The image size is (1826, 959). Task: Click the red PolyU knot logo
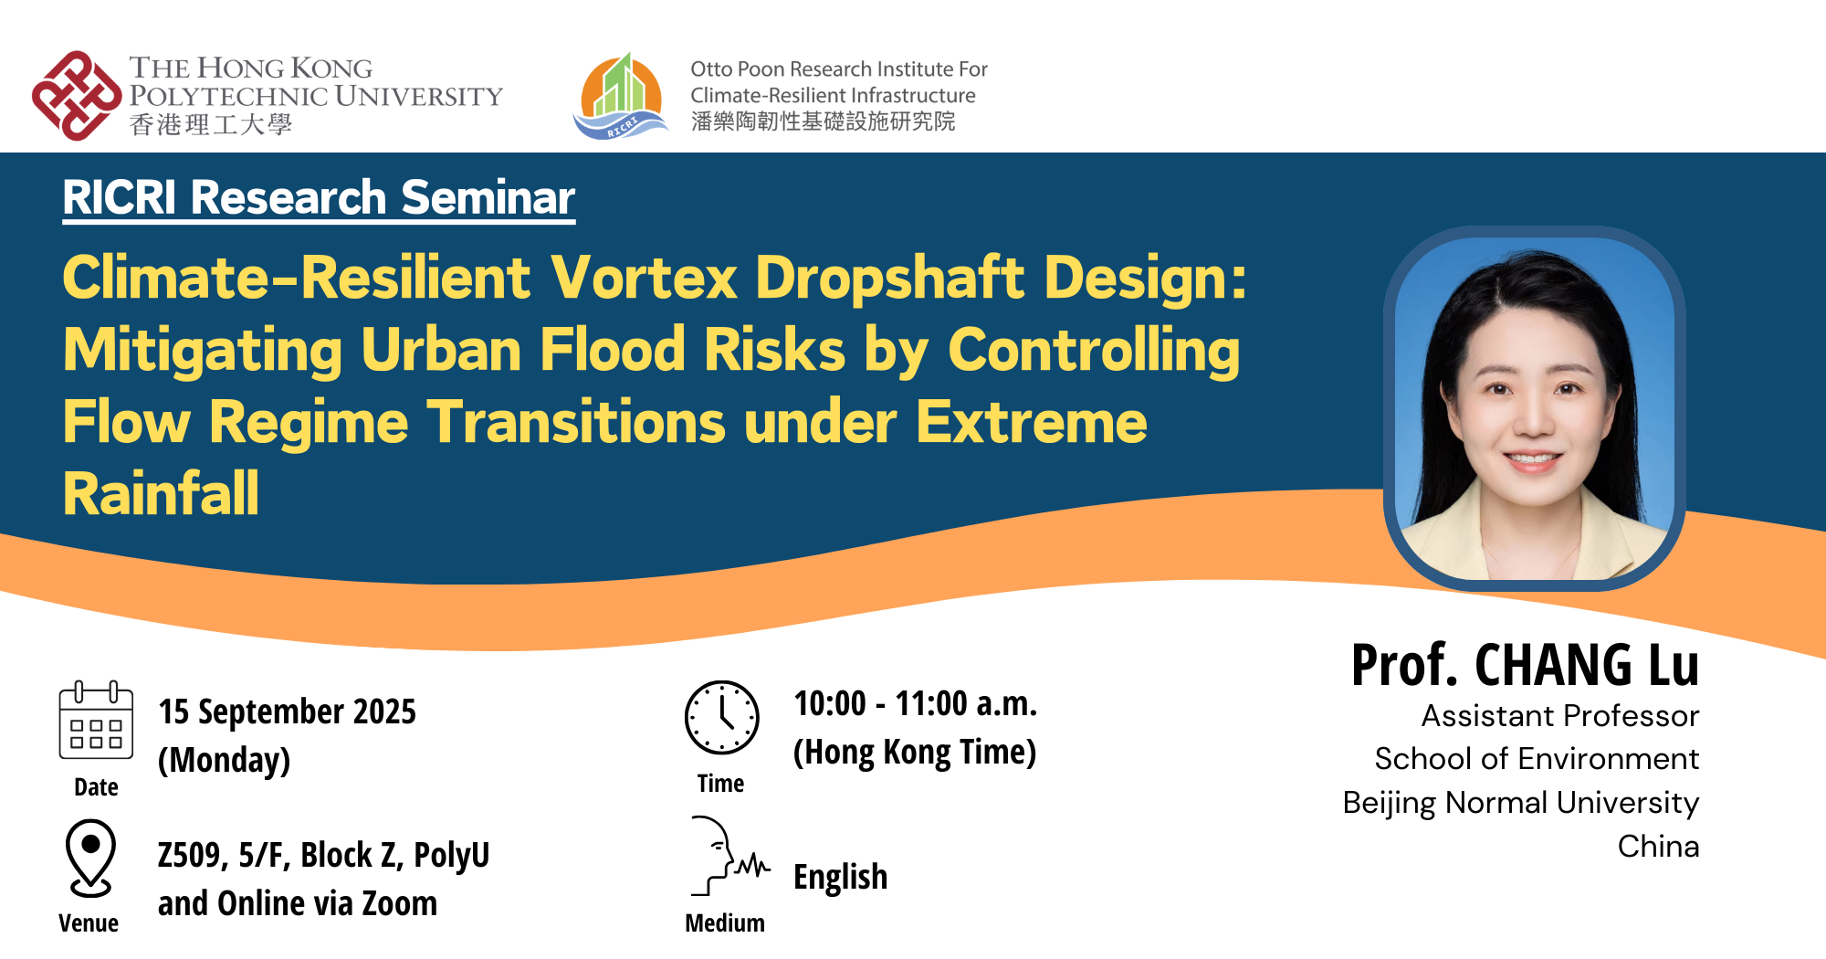tap(77, 96)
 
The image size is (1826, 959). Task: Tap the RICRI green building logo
tap(622, 97)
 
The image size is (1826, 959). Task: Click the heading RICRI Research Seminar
tap(319, 197)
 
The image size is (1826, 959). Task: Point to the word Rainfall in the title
tap(161, 494)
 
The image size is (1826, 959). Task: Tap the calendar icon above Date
tap(96, 722)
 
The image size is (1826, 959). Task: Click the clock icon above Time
tap(721, 718)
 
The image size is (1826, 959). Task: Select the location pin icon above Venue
tap(90, 857)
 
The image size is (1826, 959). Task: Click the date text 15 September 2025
tap(287, 711)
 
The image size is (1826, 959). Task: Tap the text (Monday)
tap(224, 760)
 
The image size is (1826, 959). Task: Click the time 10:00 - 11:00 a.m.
tap(915, 703)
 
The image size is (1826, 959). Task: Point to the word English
tap(840, 877)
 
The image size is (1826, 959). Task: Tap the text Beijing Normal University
tap(1520, 803)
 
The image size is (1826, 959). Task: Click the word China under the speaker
tap(1657, 847)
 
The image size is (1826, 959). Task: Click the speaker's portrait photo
tap(1534, 411)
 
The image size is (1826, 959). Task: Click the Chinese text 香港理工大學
tap(210, 125)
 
